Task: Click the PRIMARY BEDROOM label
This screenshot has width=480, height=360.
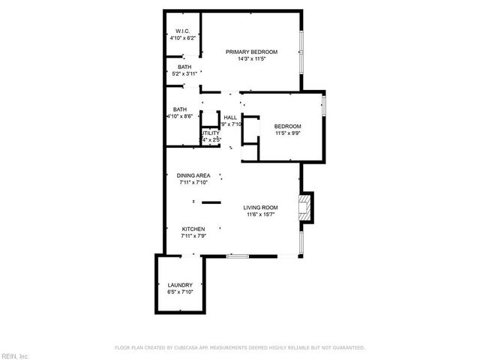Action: click(252, 52)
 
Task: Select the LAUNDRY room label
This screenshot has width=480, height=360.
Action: click(180, 285)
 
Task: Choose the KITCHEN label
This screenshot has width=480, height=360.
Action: click(193, 229)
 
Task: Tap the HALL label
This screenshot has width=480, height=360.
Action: click(230, 118)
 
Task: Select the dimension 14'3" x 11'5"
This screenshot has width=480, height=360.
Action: click(252, 59)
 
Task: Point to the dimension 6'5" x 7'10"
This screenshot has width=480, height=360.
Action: click(180, 292)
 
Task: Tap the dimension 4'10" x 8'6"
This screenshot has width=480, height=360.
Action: click(180, 117)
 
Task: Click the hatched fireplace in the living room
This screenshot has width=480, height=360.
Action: click(304, 208)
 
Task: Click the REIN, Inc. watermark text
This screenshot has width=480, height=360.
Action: click(15, 355)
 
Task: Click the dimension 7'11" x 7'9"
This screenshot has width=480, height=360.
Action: click(193, 236)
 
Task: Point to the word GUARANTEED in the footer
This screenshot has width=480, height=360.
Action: click(349, 348)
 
